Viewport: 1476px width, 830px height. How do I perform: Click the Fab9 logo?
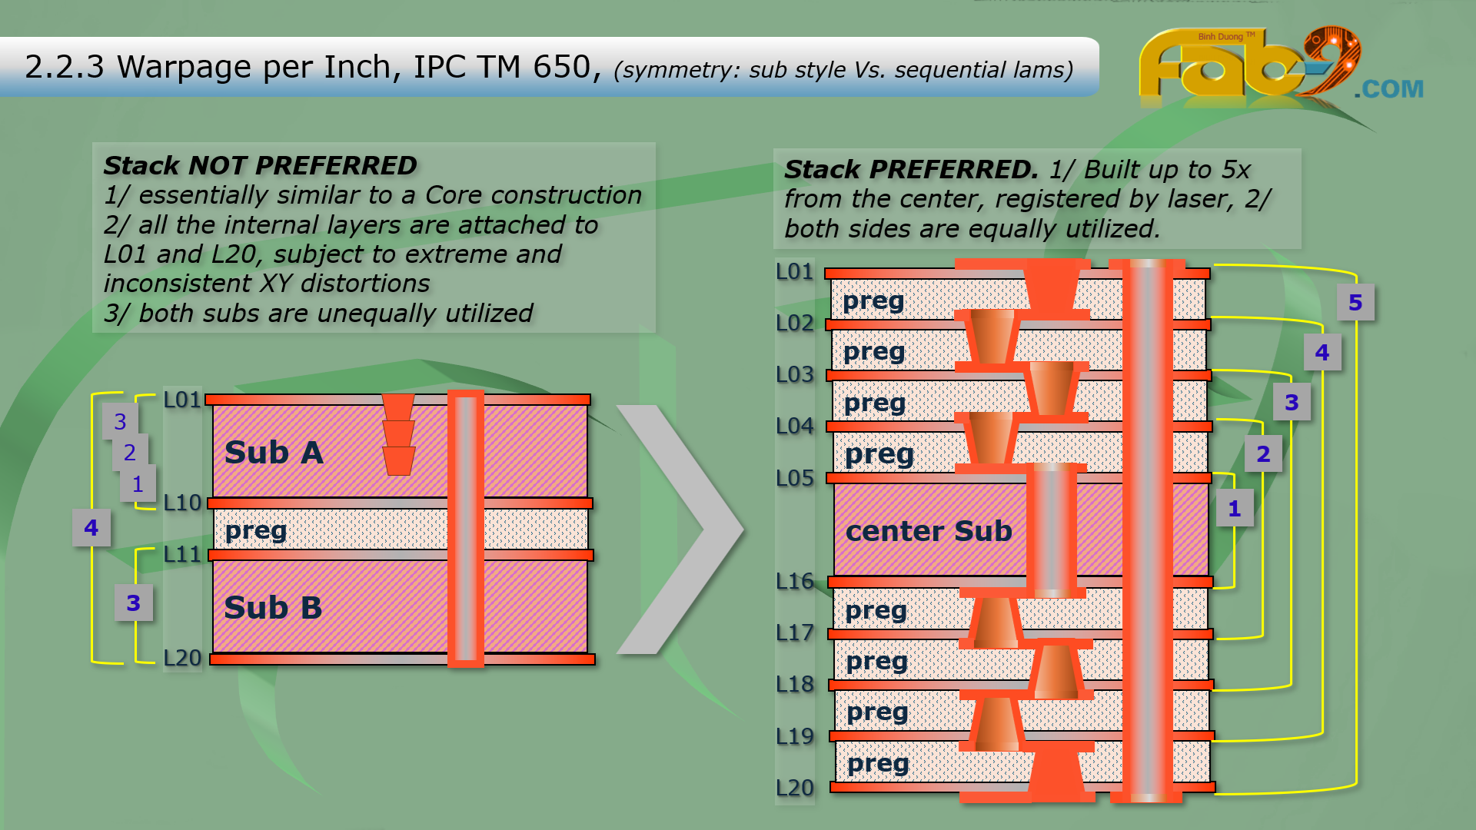click(1245, 65)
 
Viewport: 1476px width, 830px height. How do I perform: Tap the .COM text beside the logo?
click(1388, 89)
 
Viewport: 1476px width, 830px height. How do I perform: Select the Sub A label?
click(274, 453)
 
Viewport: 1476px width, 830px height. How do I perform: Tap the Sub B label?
click(273, 608)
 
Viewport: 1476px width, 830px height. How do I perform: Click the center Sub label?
click(929, 531)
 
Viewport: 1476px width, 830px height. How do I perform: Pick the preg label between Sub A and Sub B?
click(256, 530)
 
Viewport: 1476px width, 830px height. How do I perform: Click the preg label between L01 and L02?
click(873, 300)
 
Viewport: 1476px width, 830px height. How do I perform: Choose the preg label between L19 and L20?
click(878, 763)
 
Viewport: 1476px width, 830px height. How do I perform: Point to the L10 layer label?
click(182, 503)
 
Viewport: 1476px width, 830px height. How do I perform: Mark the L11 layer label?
click(182, 554)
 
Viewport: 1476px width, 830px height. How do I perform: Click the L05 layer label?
click(795, 478)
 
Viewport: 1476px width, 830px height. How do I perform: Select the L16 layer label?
click(795, 581)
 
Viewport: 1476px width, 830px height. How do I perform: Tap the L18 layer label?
click(795, 684)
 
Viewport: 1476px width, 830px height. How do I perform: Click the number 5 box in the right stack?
click(1355, 303)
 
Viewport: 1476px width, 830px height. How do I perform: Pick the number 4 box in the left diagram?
click(91, 528)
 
